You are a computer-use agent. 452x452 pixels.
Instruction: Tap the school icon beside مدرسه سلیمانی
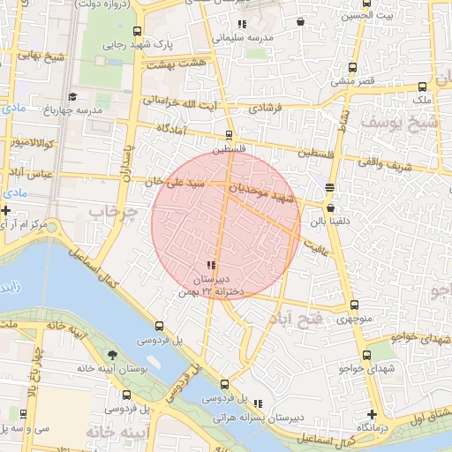242,24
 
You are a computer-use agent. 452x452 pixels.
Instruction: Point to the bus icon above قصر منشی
354,67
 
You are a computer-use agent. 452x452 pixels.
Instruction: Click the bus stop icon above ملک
422,87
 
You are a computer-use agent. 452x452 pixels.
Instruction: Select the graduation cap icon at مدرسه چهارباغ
72,96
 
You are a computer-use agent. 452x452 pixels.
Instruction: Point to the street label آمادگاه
172,129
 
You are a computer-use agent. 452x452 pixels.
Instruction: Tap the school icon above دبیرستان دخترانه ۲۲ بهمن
210,265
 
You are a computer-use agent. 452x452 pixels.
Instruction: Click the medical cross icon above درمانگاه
372,414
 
